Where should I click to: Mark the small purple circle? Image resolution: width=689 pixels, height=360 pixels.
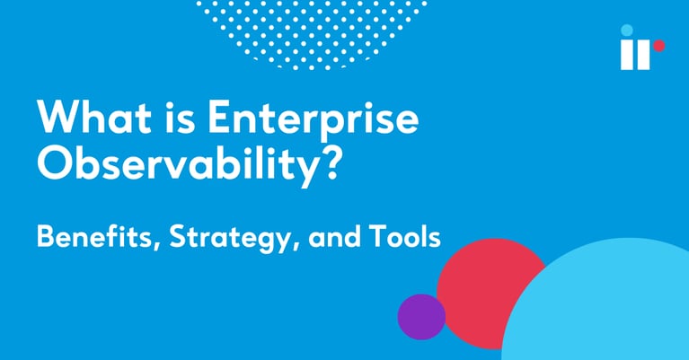pos(421,316)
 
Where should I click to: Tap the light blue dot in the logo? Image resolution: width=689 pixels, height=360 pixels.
pos(626,30)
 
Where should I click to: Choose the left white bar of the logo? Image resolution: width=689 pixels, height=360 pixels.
pos(627,54)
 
